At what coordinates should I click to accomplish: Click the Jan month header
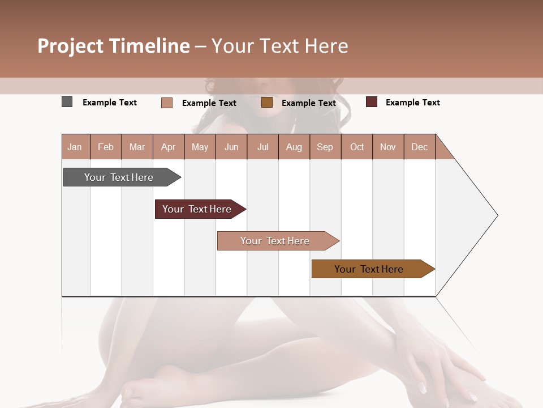pos(75,147)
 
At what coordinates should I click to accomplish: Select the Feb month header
pos(106,147)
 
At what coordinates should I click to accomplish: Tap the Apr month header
pos(168,147)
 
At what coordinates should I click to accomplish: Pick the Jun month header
pos(231,147)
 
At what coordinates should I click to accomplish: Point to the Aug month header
pos(294,147)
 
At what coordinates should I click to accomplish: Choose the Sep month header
pos(325,147)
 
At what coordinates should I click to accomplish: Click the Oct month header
pos(357,147)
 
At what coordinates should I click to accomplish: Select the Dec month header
pos(419,147)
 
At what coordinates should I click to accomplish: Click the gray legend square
pos(67,102)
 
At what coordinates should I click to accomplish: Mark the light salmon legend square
pos(167,103)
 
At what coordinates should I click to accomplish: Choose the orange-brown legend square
pos(267,102)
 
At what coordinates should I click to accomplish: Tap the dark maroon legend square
pos(372,102)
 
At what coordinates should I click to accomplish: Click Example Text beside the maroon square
pos(412,103)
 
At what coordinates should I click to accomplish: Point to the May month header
pos(200,147)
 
